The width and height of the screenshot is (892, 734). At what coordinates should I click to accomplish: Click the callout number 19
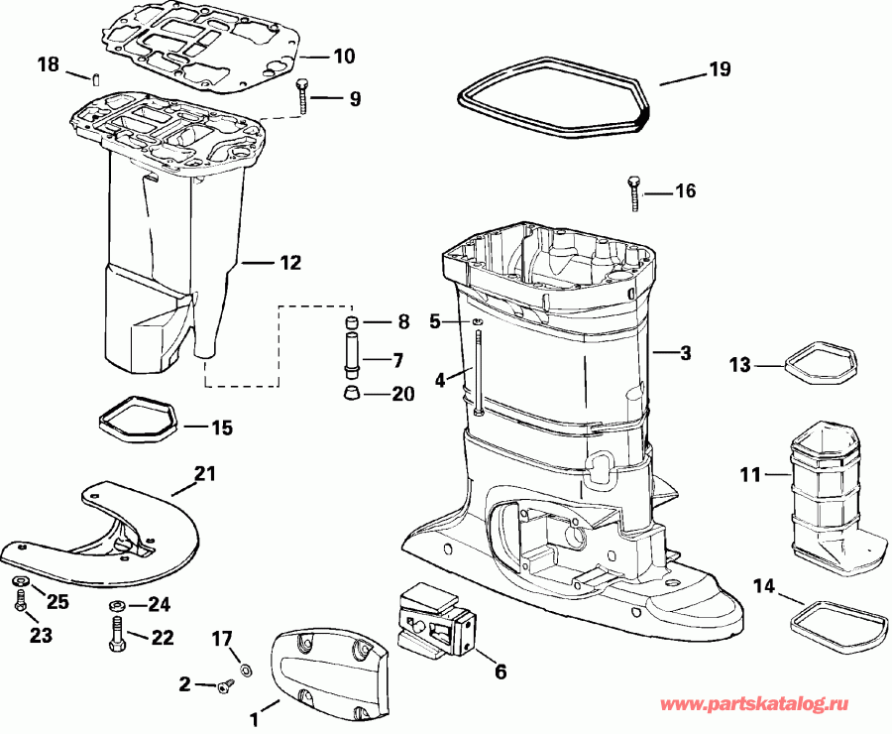pyautogui.click(x=720, y=68)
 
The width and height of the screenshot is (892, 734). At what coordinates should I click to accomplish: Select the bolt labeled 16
pyautogui.click(x=633, y=192)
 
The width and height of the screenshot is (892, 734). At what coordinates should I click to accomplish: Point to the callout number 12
pyautogui.click(x=290, y=263)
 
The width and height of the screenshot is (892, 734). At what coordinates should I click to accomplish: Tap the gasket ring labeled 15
pyautogui.click(x=139, y=421)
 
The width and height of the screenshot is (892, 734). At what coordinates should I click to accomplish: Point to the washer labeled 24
pyautogui.click(x=115, y=604)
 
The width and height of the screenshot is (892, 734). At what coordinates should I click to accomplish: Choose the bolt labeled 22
pyautogui.click(x=115, y=634)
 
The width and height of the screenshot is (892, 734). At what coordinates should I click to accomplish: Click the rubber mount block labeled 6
pyautogui.click(x=436, y=618)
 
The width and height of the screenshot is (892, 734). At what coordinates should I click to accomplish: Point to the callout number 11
pyautogui.click(x=749, y=475)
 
